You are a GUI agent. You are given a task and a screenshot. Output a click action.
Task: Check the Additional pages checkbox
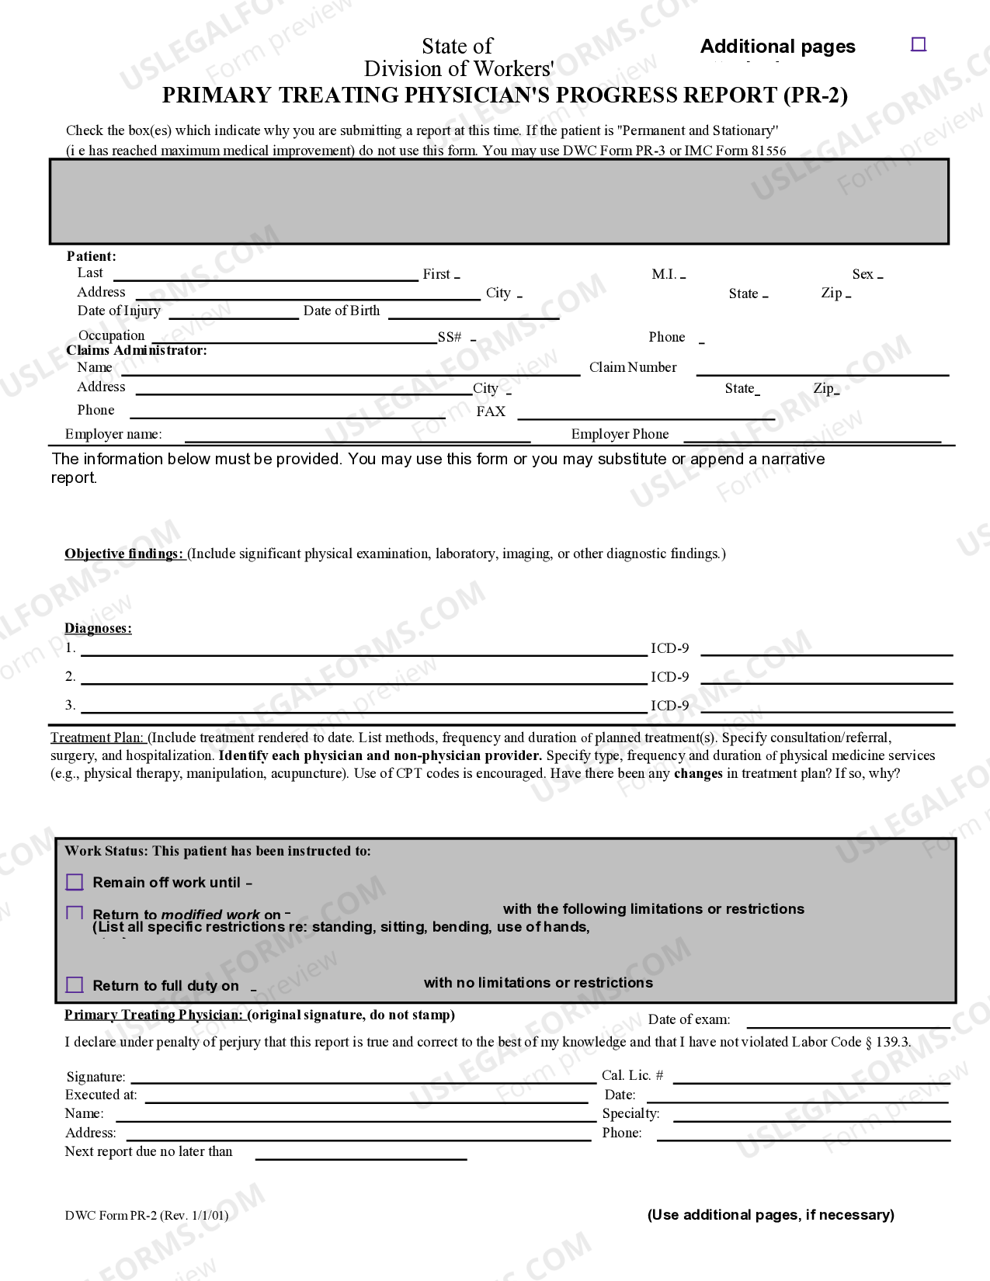918,44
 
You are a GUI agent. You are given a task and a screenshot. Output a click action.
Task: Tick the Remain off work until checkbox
75,882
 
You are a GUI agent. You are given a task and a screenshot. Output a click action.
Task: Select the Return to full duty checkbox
75,984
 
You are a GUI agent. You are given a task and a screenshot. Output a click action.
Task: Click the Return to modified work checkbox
75,913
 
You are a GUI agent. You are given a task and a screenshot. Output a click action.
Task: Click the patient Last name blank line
266,277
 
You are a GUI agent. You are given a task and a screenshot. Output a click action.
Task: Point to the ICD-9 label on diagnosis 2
669,677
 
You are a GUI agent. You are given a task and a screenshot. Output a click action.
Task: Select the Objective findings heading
124,554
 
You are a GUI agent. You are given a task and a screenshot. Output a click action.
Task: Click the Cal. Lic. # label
632,1075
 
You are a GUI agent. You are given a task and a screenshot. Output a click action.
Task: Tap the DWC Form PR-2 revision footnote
147,1215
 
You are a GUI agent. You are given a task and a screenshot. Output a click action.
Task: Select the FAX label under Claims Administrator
491,411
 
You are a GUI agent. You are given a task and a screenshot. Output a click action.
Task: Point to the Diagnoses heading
98,628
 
